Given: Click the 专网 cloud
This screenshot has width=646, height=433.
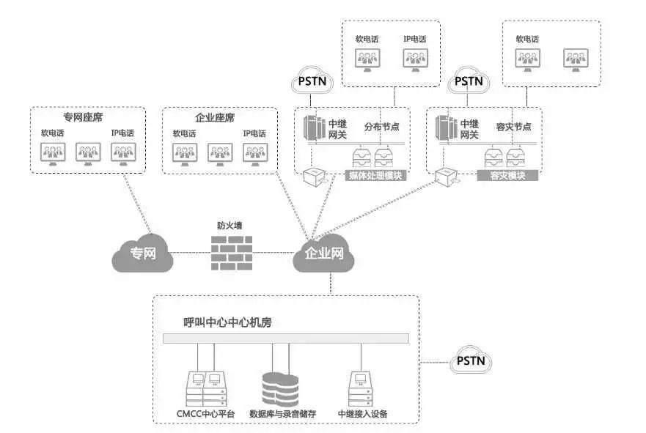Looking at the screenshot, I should (143, 253).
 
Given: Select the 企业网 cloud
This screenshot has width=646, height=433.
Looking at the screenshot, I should (323, 253).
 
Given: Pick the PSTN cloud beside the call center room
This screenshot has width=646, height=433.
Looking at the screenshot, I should (469, 360).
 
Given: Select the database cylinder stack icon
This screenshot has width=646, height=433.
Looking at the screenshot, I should (280, 389).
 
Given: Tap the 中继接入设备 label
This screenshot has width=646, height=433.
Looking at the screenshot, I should (362, 415).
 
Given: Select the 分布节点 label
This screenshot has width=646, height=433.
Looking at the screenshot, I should (382, 127).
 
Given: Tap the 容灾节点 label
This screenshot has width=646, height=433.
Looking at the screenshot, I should (513, 127).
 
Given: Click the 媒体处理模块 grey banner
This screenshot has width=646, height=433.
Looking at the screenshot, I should (375, 176).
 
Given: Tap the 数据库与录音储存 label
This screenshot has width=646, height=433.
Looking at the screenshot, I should (282, 415).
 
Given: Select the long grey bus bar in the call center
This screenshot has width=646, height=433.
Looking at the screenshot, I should (285, 339).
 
